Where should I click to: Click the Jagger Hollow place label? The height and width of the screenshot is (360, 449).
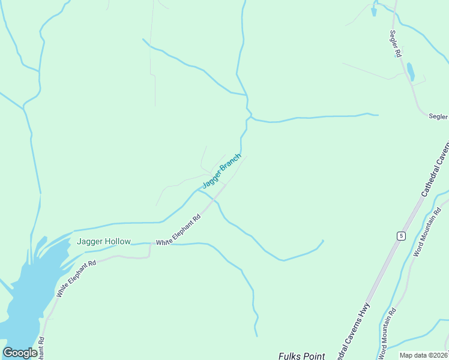(104, 242)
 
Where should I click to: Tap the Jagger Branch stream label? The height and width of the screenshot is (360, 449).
(221, 170)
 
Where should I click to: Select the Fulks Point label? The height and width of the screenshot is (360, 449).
(301, 356)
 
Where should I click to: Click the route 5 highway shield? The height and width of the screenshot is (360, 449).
(400, 236)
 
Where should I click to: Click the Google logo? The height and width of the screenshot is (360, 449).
(20, 353)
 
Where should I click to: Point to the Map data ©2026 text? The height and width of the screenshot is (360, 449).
(423, 355)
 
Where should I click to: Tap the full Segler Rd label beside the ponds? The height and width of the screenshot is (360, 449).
(396, 44)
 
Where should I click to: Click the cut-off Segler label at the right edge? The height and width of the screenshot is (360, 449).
(439, 117)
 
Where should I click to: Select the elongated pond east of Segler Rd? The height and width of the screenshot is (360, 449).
(411, 71)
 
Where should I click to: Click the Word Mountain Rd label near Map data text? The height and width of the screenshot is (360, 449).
(387, 334)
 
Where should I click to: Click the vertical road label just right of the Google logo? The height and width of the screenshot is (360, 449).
(41, 348)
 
